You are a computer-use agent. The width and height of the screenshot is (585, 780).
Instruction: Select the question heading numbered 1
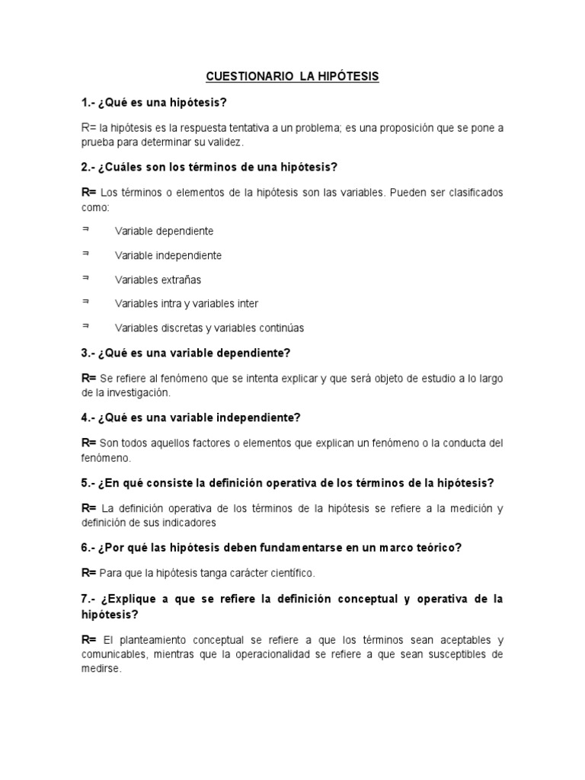[x=155, y=102]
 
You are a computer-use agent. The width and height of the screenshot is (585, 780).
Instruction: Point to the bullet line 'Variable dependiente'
[x=164, y=231]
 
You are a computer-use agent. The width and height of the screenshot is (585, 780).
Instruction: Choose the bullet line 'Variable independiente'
[x=168, y=255]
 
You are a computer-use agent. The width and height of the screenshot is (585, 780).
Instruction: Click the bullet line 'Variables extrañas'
[x=158, y=280]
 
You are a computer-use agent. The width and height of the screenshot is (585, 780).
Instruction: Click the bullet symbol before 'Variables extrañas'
[x=85, y=277]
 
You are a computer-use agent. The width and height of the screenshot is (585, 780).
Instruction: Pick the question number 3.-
[x=89, y=353]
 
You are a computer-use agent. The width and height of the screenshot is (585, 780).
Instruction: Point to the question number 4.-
[x=89, y=417]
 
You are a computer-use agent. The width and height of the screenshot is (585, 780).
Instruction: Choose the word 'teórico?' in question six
[x=440, y=548]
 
